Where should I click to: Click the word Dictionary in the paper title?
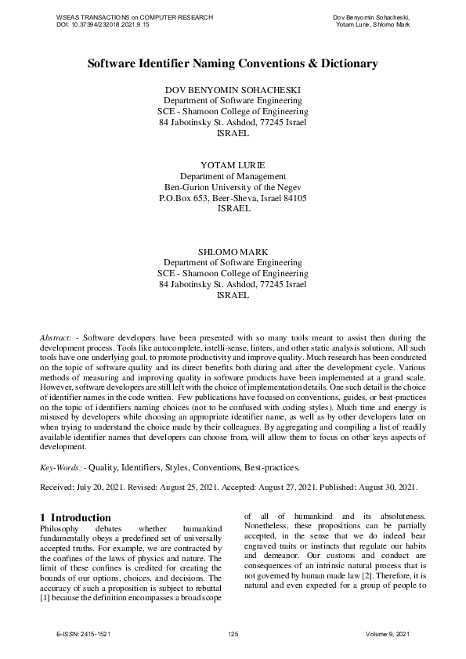coord(342,63)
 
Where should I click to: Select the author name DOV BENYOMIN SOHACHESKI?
coord(233,90)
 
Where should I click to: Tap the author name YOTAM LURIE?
coord(233,166)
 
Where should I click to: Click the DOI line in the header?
coord(103,25)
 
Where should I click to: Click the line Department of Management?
coord(233,177)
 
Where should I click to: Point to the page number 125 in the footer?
coord(233,633)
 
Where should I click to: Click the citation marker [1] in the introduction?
coord(45,599)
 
